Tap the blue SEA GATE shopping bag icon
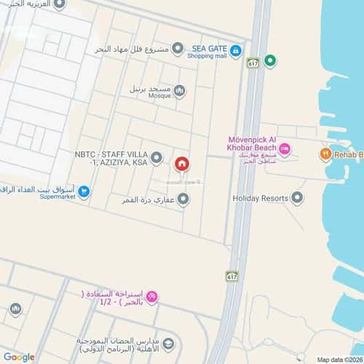tap(236, 50)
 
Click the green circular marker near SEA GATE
tap(270, 60)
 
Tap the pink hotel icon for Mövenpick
tap(285, 149)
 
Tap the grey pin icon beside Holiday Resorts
tap(297, 198)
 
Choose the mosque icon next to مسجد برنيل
tap(179, 90)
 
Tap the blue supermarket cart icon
tap(84, 192)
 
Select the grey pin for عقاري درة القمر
tap(183, 198)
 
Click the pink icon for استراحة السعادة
tap(151, 296)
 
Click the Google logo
tap(19, 356)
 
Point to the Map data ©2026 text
tap(338, 360)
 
